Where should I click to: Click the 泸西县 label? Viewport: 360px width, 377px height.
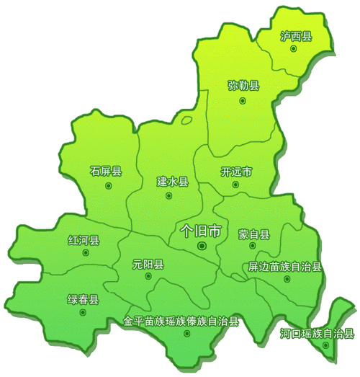click(296, 36)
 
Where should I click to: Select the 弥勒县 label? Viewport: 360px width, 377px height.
click(243, 86)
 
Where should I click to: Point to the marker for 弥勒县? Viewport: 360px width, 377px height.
click(243, 100)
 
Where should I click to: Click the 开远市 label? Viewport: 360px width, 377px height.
click(236, 172)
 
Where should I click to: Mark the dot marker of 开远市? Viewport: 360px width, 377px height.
click(235, 185)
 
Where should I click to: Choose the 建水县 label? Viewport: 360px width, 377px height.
click(172, 182)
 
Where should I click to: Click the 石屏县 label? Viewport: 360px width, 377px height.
click(106, 172)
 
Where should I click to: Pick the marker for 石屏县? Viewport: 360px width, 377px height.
click(109, 185)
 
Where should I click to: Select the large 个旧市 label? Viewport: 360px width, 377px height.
click(201, 231)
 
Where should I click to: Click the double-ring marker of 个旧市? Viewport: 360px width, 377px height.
click(202, 247)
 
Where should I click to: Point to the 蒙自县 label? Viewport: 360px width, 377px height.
click(253, 234)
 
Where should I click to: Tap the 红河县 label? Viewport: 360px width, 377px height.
click(84, 240)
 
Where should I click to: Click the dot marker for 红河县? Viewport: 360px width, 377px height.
click(85, 254)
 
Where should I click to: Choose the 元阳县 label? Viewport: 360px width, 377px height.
click(148, 264)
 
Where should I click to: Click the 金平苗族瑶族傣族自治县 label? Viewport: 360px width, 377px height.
click(181, 321)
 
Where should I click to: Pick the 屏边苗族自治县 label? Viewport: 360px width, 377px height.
click(284, 267)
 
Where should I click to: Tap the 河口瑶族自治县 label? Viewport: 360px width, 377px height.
click(316, 333)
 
